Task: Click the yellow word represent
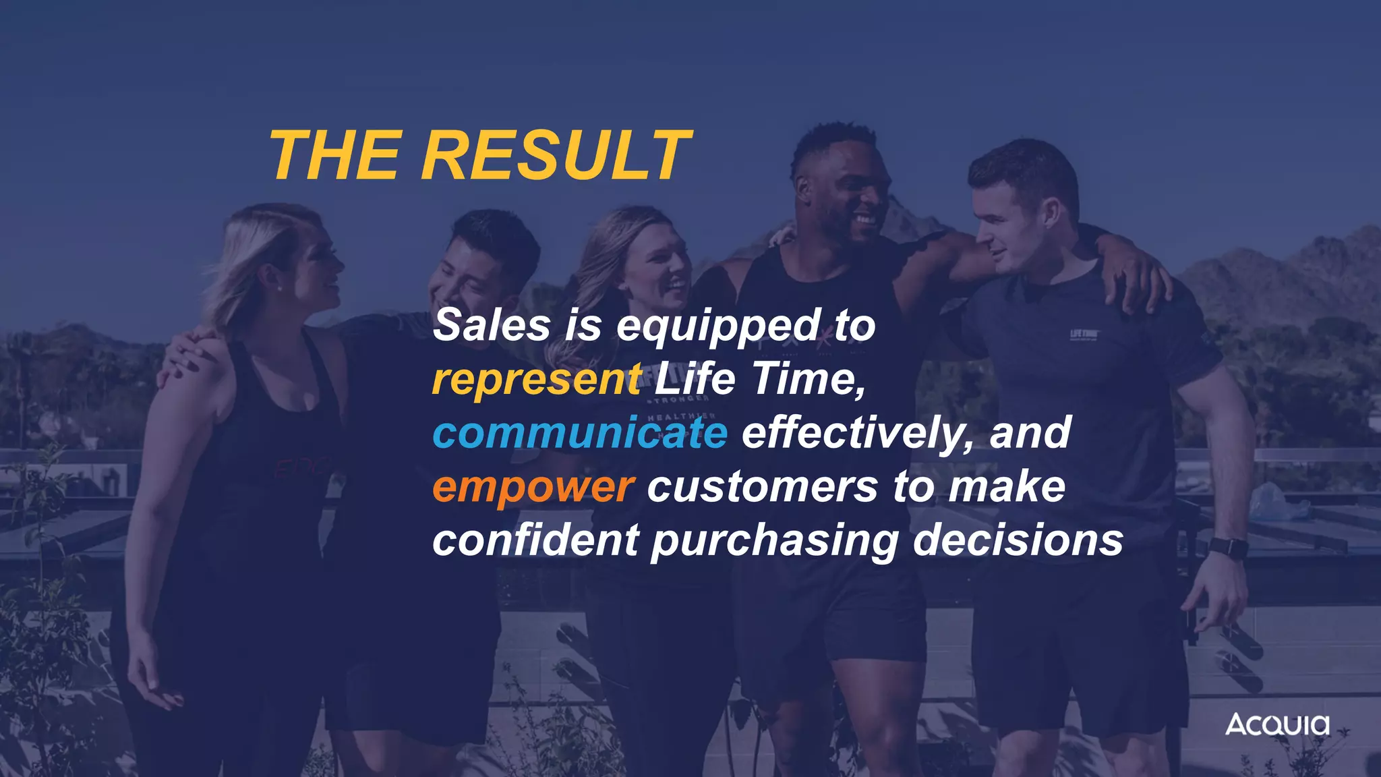(537, 379)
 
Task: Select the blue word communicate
(580, 433)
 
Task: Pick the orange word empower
(533, 487)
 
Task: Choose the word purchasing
(775, 542)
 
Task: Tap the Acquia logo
(1277, 724)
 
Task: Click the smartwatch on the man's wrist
(1228, 547)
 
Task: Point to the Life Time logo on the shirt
(1084, 335)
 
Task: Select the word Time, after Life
(809, 379)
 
